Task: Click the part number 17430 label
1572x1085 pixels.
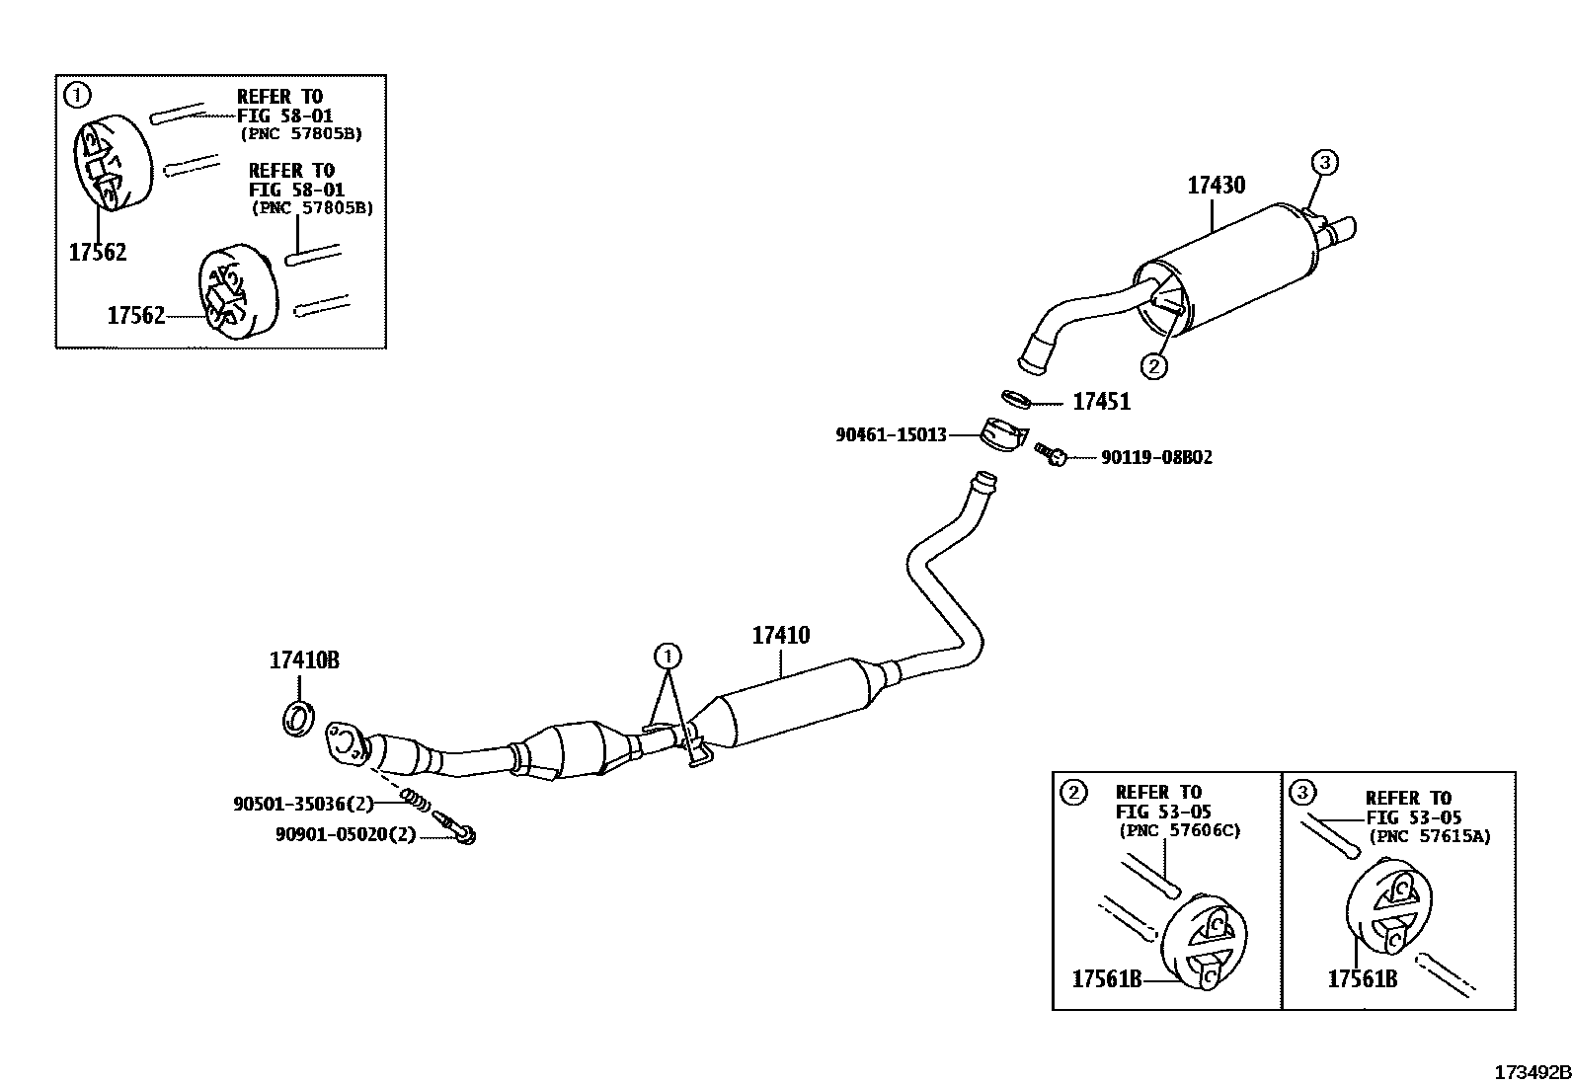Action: tap(1216, 185)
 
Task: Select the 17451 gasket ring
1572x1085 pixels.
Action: tap(1016, 399)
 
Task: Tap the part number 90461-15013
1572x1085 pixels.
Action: tap(891, 434)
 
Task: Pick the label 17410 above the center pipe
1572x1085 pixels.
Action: tap(780, 635)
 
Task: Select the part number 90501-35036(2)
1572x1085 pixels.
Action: tap(303, 805)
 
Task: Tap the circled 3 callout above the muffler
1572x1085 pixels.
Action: tap(1325, 162)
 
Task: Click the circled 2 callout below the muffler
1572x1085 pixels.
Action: tap(1153, 365)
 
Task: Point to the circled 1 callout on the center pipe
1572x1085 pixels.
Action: tap(668, 655)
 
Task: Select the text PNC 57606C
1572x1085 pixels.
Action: tap(1179, 830)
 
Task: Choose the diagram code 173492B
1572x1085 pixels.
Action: tap(1531, 1072)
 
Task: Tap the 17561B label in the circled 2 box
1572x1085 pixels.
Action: tap(1107, 979)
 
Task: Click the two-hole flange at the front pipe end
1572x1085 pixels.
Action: tap(345, 742)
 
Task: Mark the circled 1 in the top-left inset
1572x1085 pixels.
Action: tap(77, 95)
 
